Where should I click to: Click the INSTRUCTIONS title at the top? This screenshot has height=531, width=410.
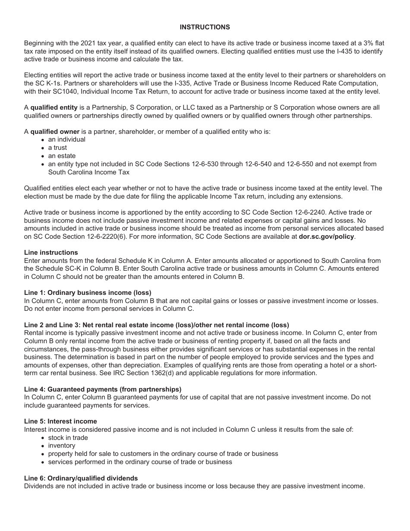[x=205, y=27]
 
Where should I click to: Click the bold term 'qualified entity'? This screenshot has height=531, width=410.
[x=54, y=108]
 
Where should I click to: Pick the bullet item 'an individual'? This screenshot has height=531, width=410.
[x=66, y=140]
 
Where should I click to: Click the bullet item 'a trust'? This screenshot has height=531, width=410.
[x=57, y=148]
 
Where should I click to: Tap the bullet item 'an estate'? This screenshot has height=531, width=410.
[x=62, y=156]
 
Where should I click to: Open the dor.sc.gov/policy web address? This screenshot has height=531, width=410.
[x=326, y=237]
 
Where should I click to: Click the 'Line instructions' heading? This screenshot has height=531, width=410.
[x=51, y=253]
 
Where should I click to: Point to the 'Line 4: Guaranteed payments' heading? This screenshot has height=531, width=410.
[x=103, y=389]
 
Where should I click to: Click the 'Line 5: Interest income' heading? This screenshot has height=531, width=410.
[x=60, y=421]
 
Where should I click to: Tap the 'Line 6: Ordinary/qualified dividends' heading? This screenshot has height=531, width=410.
[x=81, y=478]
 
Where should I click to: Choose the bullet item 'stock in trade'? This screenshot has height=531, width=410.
[x=68, y=438]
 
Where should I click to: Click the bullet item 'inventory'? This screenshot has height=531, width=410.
[x=62, y=446]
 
